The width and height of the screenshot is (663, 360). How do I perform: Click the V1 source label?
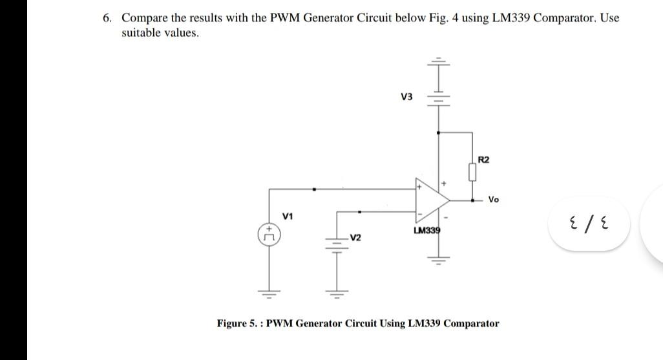pyautogui.click(x=288, y=215)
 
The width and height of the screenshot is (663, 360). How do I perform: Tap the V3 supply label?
pyautogui.click(x=406, y=98)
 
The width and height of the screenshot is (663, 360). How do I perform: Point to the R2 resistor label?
pyautogui.click(x=484, y=159)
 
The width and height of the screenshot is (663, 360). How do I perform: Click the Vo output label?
pyautogui.click(x=494, y=200)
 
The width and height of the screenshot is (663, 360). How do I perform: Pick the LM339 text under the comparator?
pyautogui.click(x=426, y=230)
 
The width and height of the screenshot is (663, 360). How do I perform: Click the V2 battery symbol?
pyautogui.click(x=335, y=246)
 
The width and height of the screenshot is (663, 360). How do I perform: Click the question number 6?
pyautogui.click(x=107, y=18)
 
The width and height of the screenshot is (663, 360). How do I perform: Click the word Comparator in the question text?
pyautogui.click(x=564, y=18)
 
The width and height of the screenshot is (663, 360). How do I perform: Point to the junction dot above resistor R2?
pyautogui.click(x=439, y=132)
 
